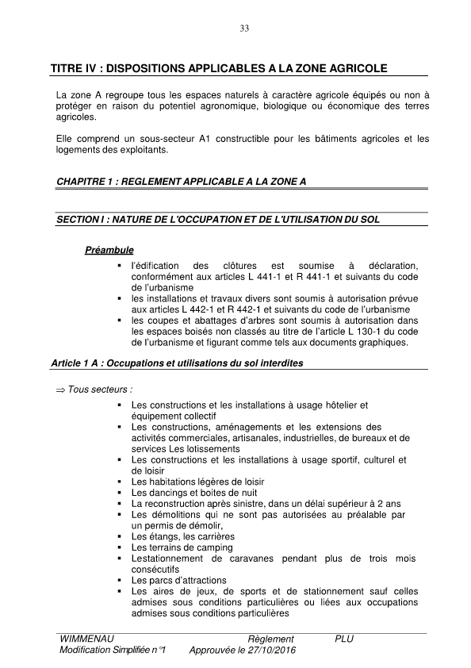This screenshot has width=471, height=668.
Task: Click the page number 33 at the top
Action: pos(244,29)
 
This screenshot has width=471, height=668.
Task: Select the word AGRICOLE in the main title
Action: pos(357,69)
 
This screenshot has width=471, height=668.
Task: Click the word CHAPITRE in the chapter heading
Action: pos(82,182)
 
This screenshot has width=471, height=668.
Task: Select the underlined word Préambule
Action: pos(109,251)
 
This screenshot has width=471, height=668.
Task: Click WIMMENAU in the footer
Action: pos(85,639)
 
